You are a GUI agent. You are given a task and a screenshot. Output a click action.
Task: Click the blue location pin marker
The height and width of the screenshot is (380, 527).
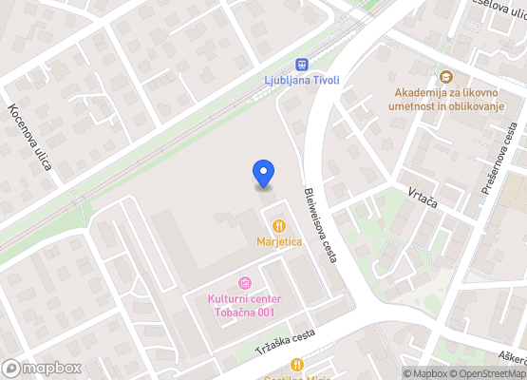[264, 174]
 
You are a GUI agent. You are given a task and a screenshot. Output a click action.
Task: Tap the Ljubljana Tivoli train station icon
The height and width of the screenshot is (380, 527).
[302, 65]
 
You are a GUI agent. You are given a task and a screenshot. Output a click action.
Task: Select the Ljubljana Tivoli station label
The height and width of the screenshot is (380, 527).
[302, 81]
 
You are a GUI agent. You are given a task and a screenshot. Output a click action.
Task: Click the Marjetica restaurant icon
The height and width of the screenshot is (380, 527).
[279, 226]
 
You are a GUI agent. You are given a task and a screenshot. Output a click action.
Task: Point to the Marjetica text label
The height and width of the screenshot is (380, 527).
[279, 242]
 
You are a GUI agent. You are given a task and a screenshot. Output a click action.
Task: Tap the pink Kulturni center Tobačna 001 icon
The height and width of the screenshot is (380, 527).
[245, 283]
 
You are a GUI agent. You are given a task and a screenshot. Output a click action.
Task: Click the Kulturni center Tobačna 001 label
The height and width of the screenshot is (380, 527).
[245, 307]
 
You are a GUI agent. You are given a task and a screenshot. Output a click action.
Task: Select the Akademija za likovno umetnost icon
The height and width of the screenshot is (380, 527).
[446, 77]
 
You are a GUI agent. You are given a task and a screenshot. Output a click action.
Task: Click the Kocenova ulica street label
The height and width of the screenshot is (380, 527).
[30, 138]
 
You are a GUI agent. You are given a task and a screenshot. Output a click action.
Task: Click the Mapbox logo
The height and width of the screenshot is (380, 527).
[42, 368]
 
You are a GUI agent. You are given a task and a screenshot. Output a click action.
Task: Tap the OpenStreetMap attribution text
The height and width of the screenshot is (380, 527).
[487, 373]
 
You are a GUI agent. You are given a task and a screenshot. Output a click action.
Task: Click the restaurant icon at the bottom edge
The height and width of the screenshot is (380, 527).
[297, 365]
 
